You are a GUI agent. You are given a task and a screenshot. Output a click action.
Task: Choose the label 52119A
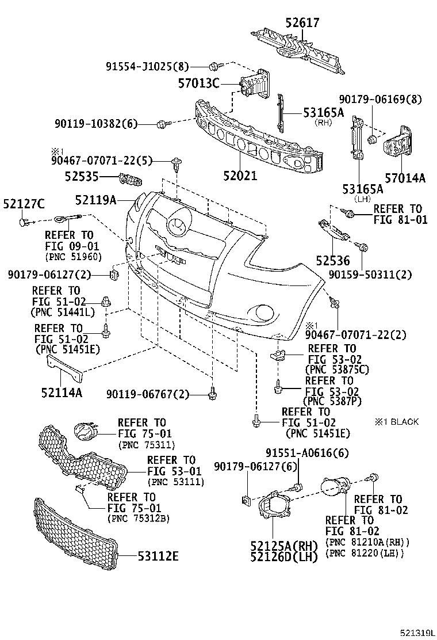95,200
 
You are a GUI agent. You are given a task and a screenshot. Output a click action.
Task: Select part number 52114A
62,393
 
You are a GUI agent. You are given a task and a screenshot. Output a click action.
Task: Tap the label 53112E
158,555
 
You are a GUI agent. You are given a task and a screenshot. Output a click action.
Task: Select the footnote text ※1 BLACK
396,422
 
